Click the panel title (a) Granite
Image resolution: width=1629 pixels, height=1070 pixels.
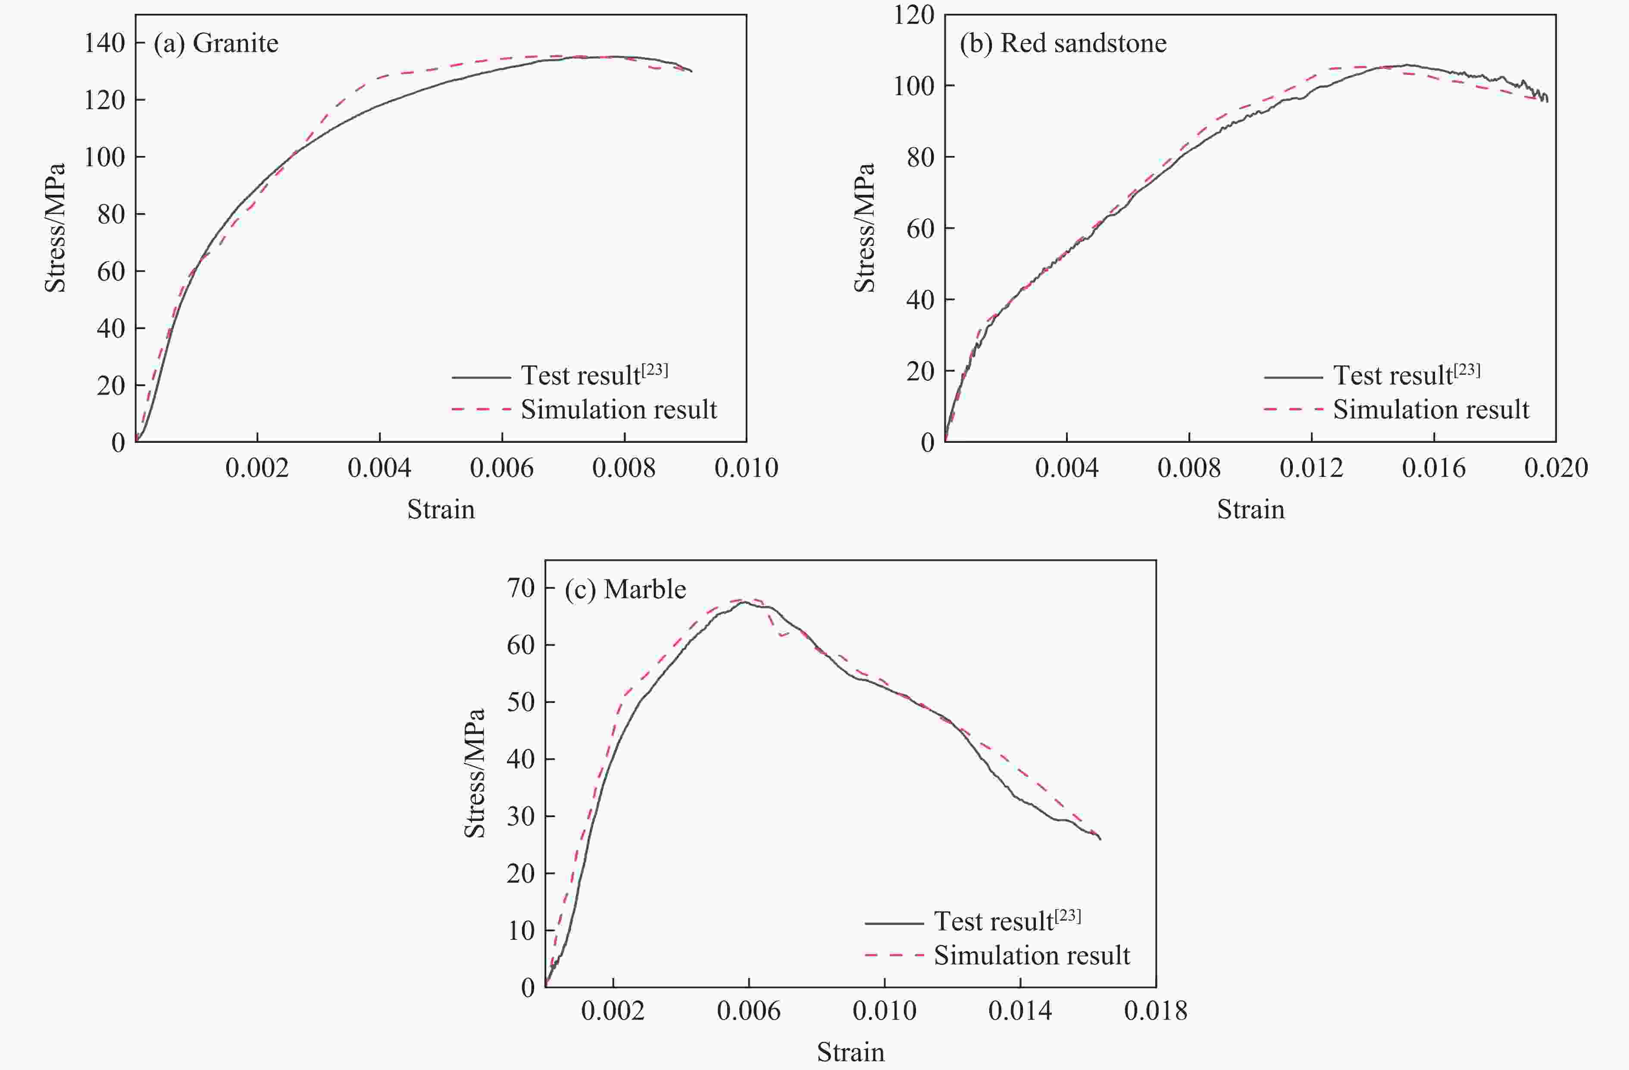[x=216, y=43]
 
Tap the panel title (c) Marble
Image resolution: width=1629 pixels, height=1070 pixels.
[x=625, y=589]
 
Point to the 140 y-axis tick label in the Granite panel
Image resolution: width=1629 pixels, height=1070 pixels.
[x=105, y=43]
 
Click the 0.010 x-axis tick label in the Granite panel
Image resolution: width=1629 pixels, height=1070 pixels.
[x=746, y=468]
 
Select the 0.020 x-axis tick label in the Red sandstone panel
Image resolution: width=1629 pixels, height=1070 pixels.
[x=1556, y=468]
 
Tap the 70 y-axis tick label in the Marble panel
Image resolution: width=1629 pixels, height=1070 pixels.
[x=521, y=588]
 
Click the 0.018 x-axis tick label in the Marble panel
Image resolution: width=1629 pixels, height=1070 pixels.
[x=1155, y=1011]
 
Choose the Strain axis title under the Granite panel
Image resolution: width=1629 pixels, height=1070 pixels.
[x=441, y=510]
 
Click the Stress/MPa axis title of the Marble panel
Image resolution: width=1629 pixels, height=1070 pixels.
[x=474, y=773]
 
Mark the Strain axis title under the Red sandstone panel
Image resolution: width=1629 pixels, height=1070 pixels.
[x=1251, y=510]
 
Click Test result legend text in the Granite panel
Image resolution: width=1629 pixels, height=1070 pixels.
[x=580, y=376]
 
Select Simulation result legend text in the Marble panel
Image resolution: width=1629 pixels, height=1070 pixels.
[x=1032, y=955]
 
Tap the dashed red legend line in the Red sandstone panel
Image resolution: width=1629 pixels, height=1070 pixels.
[x=1293, y=409]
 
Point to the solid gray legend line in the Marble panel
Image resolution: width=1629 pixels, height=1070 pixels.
[x=894, y=923]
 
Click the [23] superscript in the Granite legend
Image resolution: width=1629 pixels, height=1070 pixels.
[x=655, y=370]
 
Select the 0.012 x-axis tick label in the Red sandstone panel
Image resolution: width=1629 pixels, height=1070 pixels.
[x=1311, y=468]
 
